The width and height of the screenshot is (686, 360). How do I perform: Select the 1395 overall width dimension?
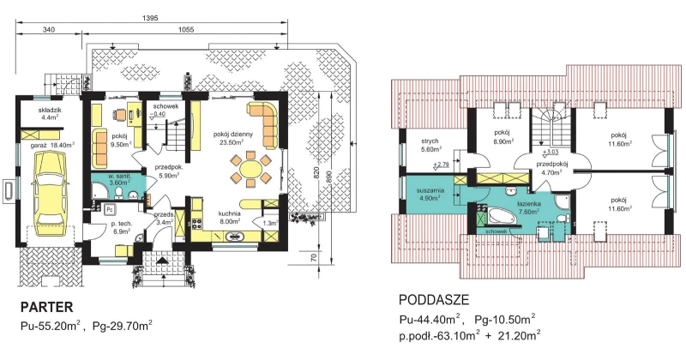click(x=149, y=18)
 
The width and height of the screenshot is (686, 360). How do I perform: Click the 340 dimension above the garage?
click(x=49, y=30)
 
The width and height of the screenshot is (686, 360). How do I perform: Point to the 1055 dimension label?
click(x=186, y=30)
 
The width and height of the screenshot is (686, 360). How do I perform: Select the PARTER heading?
click(x=47, y=307)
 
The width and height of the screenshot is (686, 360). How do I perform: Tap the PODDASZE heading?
click(x=434, y=300)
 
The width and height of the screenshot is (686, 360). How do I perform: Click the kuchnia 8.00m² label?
click(x=230, y=218)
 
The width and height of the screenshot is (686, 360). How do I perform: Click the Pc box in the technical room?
click(x=111, y=209)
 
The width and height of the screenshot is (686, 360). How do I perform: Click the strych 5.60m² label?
click(x=430, y=145)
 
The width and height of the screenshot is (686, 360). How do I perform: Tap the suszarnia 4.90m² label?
click(x=430, y=194)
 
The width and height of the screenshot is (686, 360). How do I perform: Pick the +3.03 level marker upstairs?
click(x=549, y=153)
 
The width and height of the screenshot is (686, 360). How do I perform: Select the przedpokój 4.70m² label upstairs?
click(x=551, y=168)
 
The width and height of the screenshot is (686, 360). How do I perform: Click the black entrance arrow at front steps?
click(x=162, y=261)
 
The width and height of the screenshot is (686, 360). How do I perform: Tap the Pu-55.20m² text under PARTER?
click(x=50, y=326)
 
